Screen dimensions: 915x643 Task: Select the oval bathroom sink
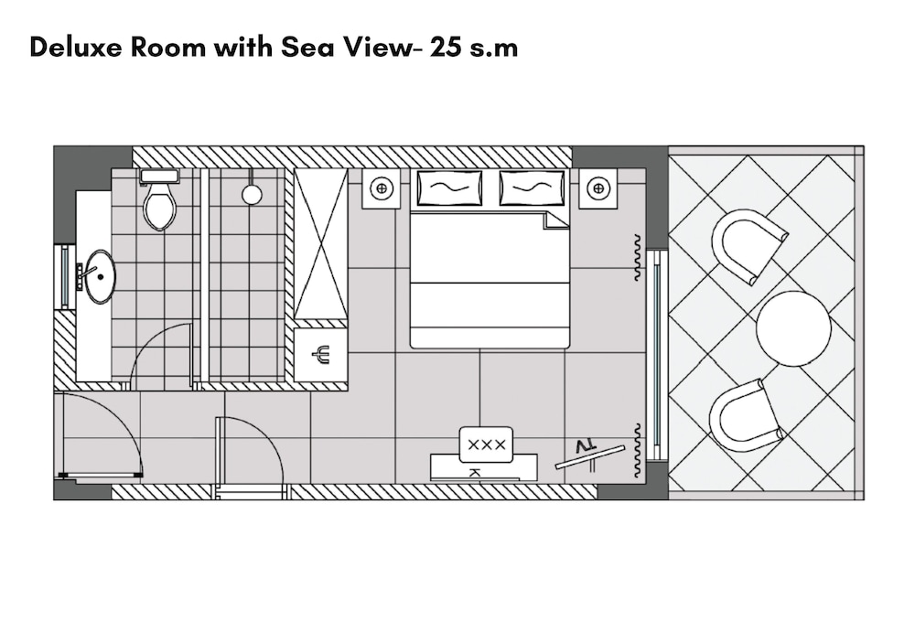point(101,276)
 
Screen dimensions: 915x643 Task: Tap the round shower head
point(252,194)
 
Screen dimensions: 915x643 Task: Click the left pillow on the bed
point(449,188)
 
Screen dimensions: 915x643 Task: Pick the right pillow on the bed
point(532,188)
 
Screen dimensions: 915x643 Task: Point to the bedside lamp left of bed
point(381,188)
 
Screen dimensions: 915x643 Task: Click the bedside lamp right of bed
point(598,188)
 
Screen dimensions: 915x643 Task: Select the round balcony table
point(793,328)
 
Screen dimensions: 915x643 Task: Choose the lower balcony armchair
point(746,415)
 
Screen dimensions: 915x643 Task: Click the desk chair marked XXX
point(486,445)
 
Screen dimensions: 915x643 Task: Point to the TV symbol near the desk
point(588,455)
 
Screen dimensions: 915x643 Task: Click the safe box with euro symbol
point(320,354)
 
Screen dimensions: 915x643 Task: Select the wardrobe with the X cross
point(320,244)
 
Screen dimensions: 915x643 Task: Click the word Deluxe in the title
point(76,48)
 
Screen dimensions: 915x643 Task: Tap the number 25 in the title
point(445,48)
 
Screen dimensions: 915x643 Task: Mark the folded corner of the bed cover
point(555,220)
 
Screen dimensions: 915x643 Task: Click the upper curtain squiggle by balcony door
point(637,258)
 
